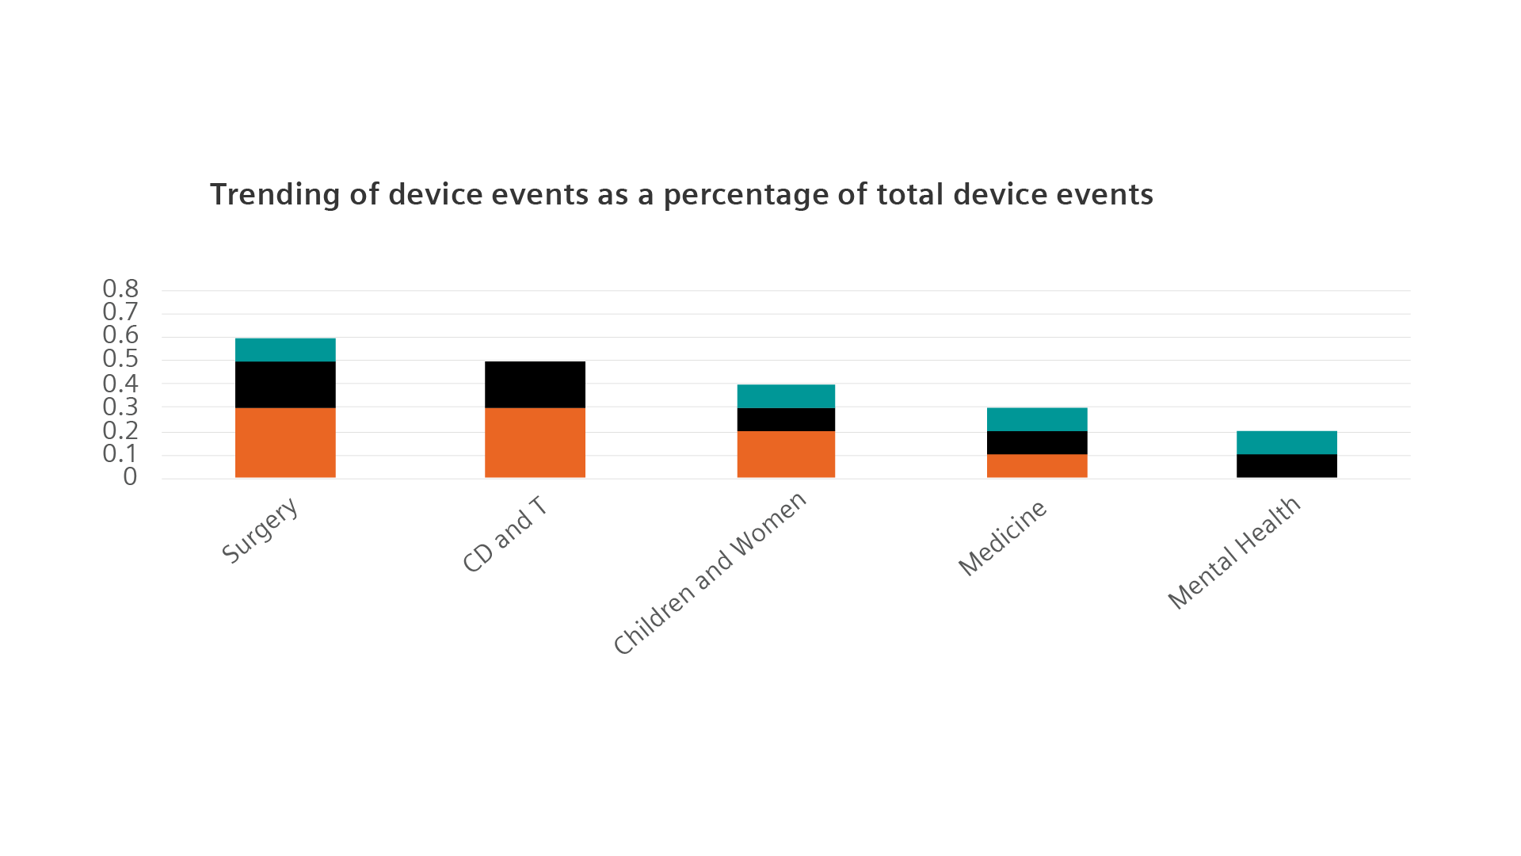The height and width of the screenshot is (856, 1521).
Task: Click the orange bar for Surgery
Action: coord(285,443)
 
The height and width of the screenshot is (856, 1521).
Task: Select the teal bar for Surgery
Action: coord(285,349)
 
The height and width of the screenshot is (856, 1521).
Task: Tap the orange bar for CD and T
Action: coord(535,443)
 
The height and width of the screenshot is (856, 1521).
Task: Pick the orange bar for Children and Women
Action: coord(786,455)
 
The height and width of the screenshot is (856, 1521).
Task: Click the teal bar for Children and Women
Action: coord(786,396)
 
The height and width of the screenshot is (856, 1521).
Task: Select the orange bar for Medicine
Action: coord(1037,466)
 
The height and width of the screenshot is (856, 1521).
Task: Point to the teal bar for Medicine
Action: coord(1037,418)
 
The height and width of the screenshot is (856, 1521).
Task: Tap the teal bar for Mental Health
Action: coord(1287,442)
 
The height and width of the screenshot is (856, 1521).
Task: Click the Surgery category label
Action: coord(261,529)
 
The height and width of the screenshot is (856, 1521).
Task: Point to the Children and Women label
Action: coord(711,573)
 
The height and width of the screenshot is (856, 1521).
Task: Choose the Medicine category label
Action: coord(1002,538)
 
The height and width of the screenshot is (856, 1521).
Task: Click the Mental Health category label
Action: coord(1234,552)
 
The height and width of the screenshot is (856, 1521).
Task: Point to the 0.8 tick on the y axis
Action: coord(120,289)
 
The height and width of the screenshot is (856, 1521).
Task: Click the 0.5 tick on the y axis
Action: coord(120,359)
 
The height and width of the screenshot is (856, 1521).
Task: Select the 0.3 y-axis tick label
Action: coord(120,407)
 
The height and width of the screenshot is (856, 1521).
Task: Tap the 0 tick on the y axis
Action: coord(130,476)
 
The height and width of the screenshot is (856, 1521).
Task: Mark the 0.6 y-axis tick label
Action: coord(120,335)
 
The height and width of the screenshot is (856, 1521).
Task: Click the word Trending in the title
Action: coord(275,195)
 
